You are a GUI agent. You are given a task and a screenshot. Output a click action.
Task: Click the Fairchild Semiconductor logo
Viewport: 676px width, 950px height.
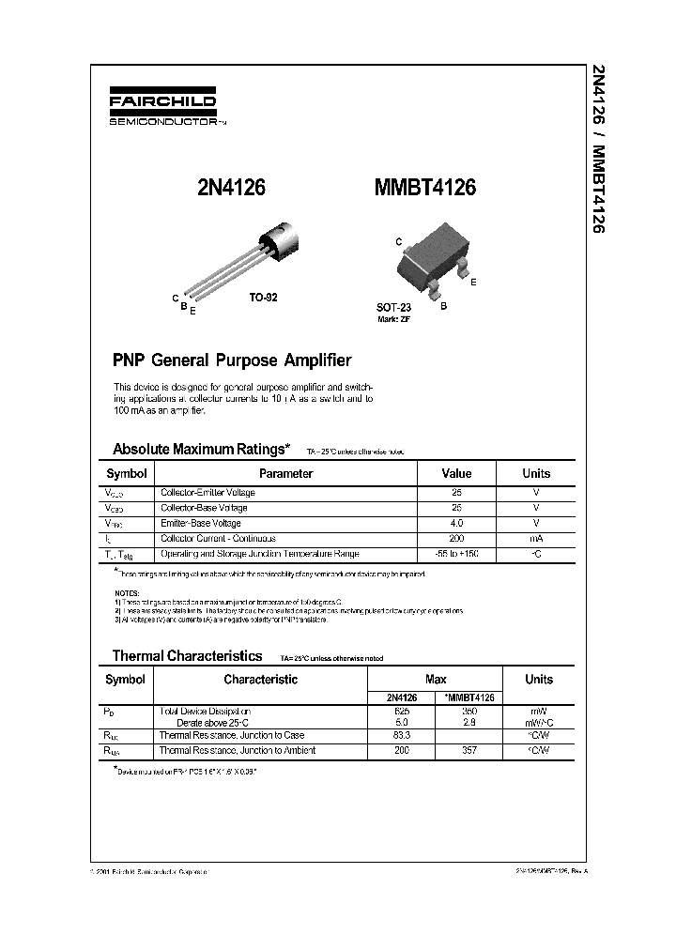(x=164, y=108)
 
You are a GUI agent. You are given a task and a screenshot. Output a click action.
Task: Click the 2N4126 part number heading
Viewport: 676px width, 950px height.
(x=231, y=188)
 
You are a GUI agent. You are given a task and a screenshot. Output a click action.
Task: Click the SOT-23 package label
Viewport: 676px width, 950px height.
(x=394, y=307)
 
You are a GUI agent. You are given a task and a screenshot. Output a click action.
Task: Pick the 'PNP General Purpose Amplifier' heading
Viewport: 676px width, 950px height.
(x=232, y=360)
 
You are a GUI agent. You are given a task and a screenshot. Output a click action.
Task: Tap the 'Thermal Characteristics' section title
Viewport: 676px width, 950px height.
(x=188, y=656)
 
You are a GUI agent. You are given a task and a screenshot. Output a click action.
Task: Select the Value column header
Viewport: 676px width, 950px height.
(x=456, y=474)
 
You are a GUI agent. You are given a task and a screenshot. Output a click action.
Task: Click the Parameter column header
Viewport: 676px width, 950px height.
(x=285, y=474)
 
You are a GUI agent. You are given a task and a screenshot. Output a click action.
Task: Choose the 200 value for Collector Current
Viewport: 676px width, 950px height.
(x=456, y=539)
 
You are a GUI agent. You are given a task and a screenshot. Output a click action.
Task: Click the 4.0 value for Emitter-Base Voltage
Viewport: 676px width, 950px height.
(x=456, y=523)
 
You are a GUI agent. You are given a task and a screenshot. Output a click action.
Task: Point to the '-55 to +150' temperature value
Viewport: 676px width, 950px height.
(x=456, y=554)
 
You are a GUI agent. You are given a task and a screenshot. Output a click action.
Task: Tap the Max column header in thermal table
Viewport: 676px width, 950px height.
(x=436, y=680)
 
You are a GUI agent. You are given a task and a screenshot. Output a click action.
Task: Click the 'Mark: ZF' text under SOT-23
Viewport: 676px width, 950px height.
(x=394, y=319)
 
